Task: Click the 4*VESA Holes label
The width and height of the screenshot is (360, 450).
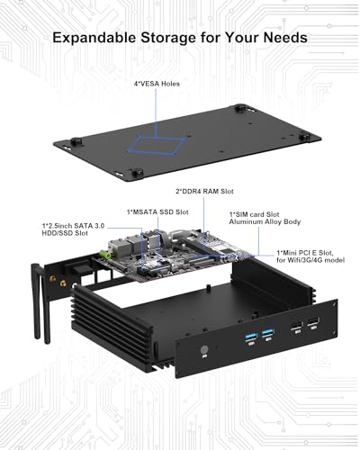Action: coord(157,84)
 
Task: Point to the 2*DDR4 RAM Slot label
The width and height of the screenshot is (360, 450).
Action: coord(204,192)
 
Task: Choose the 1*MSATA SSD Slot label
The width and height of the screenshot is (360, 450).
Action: coord(157,212)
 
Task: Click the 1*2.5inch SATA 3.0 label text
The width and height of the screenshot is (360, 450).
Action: coord(73,226)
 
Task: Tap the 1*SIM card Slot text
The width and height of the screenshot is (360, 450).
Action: coord(254,214)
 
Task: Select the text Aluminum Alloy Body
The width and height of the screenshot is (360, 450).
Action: coord(265,222)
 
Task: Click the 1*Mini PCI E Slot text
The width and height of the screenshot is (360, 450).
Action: coord(304,253)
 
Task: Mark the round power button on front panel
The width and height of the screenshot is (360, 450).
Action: coord(204,350)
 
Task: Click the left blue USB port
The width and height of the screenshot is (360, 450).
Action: coord(250,335)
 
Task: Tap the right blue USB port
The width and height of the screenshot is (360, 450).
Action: coord(267,332)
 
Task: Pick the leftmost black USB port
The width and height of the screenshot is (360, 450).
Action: coord(296,327)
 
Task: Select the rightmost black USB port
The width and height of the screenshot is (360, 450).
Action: coord(313,323)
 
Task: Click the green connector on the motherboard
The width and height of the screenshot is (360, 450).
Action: coord(105,255)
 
